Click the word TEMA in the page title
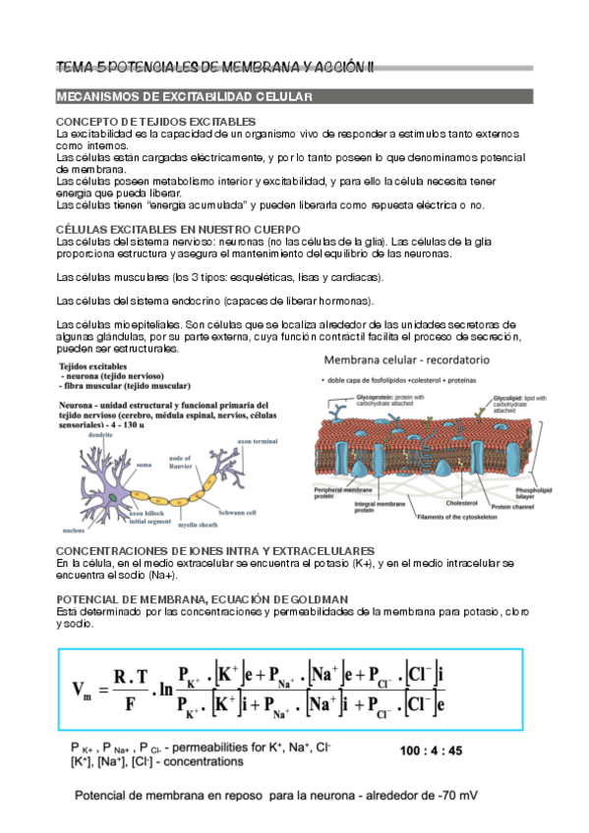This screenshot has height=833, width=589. (73, 67)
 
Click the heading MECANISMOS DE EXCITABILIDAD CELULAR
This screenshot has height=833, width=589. (184, 97)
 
